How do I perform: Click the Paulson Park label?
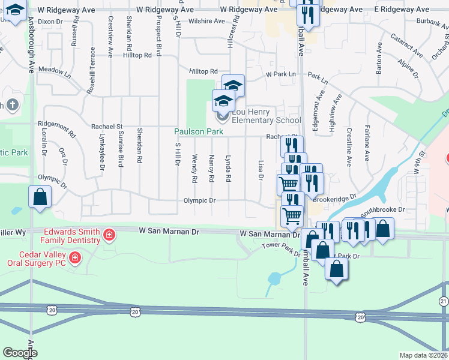click(x=199, y=131)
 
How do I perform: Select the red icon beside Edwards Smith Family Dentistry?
click(x=109, y=234)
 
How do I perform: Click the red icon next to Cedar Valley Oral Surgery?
click(x=75, y=259)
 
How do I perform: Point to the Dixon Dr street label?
click(x=50, y=22)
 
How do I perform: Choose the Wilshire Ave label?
click(x=206, y=20)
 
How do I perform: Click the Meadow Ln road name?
click(x=55, y=70)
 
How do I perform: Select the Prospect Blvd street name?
click(x=158, y=41)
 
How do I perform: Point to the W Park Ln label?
click(x=281, y=74)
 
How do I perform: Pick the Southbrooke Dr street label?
click(x=383, y=211)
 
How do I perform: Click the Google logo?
click(x=20, y=353)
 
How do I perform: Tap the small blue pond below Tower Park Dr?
click(x=274, y=278)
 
